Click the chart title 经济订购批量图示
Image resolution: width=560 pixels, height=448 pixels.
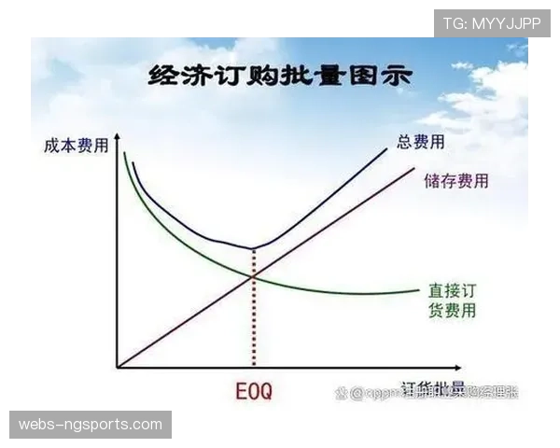click(x=279, y=77)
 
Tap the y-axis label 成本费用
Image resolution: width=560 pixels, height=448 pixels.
click(x=75, y=146)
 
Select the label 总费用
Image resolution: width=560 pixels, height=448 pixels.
click(x=420, y=142)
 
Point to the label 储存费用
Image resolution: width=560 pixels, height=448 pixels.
click(x=455, y=181)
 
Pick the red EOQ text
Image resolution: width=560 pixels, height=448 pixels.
click(x=253, y=392)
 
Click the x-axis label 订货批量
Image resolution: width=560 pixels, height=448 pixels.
click(x=432, y=391)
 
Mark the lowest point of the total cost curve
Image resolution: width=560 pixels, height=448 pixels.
click(x=252, y=248)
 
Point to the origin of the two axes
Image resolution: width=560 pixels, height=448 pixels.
click(x=117, y=367)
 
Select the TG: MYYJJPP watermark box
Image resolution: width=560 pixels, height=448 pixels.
click(x=492, y=22)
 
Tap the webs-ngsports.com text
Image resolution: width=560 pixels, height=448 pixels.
click(x=90, y=425)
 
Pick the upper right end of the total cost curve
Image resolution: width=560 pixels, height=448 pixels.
click(x=385, y=149)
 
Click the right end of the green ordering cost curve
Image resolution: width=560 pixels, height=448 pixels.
click(x=417, y=291)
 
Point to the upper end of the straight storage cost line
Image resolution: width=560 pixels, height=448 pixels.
click(x=413, y=169)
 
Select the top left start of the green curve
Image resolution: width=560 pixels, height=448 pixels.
click(x=124, y=153)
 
